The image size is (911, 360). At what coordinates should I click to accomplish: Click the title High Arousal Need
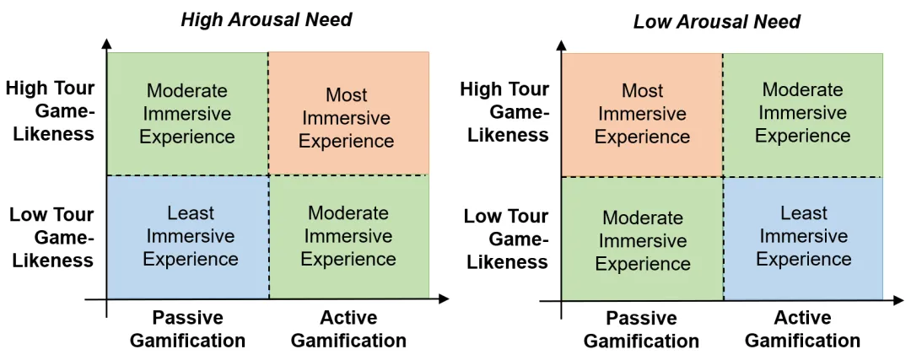tap(266, 19)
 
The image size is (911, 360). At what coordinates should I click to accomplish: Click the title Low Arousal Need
tap(717, 21)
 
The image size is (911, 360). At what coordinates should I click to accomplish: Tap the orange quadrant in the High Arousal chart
tap(348, 113)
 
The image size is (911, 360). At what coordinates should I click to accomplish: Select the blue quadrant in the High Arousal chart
tap(188, 236)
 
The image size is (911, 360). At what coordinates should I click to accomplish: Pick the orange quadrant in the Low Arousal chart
tap(643, 115)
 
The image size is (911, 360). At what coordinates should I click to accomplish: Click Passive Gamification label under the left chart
tap(187, 329)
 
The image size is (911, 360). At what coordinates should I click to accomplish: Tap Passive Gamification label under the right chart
tap(642, 330)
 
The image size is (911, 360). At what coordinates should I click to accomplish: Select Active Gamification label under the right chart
tap(802, 330)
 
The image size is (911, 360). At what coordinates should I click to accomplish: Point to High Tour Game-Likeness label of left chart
tap(51, 111)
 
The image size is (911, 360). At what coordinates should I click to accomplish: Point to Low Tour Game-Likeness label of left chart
tap(51, 237)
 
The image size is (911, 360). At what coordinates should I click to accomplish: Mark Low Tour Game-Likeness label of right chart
tap(505, 239)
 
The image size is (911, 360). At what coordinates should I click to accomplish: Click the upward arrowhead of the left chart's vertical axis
tap(107, 42)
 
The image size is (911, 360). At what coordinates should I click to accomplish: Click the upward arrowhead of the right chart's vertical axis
tap(563, 42)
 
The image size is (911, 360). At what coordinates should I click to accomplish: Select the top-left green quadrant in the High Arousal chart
tap(188, 113)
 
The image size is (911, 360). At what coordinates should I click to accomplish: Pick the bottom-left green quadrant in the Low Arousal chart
tap(643, 239)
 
